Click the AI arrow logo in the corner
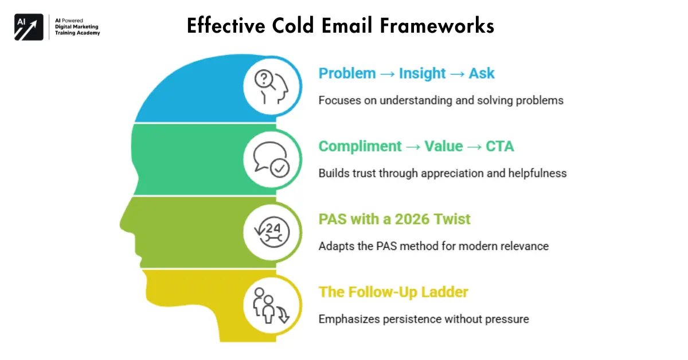tap(29, 27)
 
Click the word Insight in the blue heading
tap(422, 73)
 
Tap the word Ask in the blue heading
tap(481, 73)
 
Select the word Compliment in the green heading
tap(360, 146)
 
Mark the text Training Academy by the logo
tap(77, 33)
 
